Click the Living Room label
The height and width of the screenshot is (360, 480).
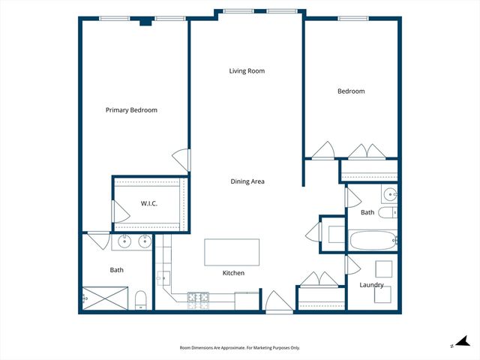pyautogui.click(x=247, y=71)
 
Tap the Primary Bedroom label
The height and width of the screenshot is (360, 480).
pyautogui.click(x=131, y=110)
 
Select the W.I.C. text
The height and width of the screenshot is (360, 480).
pyautogui.click(x=149, y=203)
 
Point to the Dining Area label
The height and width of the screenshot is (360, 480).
pyautogui.click(x=247, y=181)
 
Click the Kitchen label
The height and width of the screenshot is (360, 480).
pyautogui.click(x=233, y=273)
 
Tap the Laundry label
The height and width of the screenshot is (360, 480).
pyautogui.click(x=371, y=285)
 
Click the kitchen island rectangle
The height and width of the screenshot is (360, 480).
pyautogui.click(x=232, y=252)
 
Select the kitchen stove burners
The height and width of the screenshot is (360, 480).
pyautogui.click(x=198, y=301)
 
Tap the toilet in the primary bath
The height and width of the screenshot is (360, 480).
pyautogui.click(x=141, y=300)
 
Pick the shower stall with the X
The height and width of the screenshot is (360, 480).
pyautogui.click(x=105, y=298)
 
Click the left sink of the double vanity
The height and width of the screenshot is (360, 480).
pyautogui.click(x=125, y=241)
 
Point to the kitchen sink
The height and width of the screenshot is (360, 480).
pyautogui.click(x=163, y=278)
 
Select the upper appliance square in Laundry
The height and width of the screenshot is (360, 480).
pyautogui.click(x=384, y=269)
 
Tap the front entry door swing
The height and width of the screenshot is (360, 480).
pyautogui.click(x=279, y=301)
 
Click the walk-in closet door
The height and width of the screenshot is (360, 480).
pyautogui.click(x=121, y=211)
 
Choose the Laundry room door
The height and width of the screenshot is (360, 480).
pyautogui.click(x=353, y=265)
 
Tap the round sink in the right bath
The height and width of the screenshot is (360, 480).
pyautogui.click(x=390, y=194)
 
